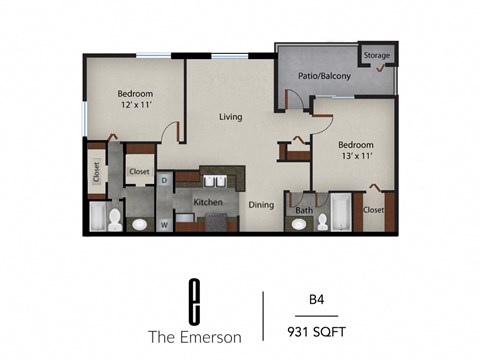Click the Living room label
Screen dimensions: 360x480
click(232, 117)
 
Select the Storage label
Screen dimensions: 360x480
click(377, 55)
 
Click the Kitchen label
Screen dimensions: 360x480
click(207, 203)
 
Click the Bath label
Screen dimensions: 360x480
click(303, 211)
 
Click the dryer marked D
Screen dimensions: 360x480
click(165, 180)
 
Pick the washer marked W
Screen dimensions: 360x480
click(164, 224)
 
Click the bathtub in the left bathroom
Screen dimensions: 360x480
click(97, 217)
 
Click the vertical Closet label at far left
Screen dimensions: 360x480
click(95, 173)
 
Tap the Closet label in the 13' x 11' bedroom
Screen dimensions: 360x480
click(374, 210)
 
